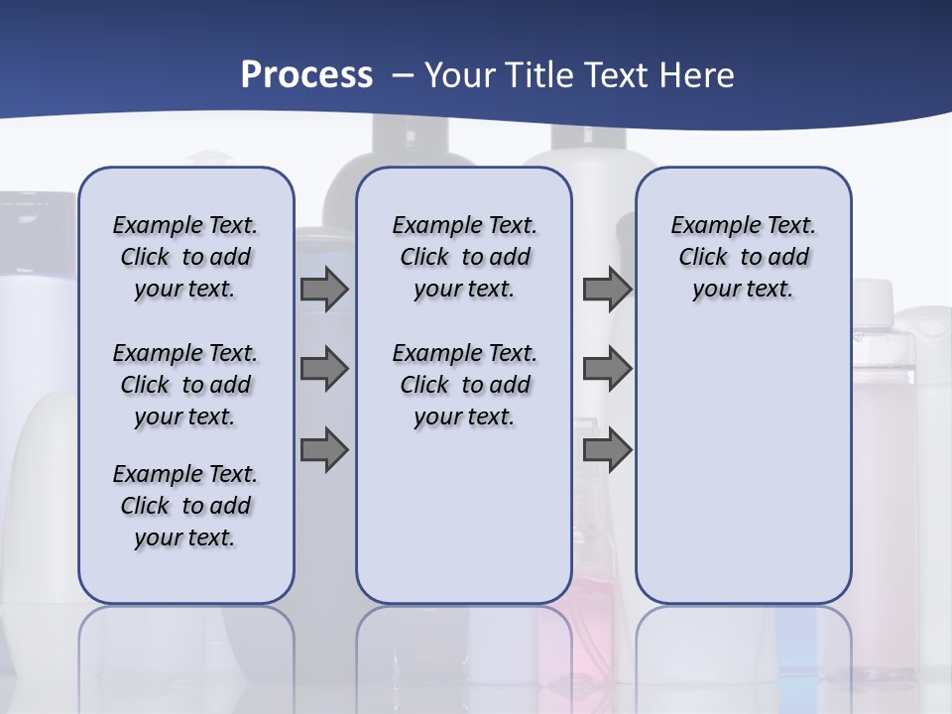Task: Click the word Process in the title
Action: point(306,74)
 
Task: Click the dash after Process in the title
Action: point(403,75)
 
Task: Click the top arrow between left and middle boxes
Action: point(324,289)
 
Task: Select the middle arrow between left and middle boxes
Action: point(324,369)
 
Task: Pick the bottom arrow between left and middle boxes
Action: point(324,449)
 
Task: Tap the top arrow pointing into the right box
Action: point(607,289)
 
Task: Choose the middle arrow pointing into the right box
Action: point(607,369)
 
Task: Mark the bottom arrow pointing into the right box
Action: point(607,449)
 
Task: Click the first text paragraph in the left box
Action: point(185,257)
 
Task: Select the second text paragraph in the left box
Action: point(185,385)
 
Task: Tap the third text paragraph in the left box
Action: point(185,506)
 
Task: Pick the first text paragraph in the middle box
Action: point(464,257)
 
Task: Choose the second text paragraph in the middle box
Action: point(464,385)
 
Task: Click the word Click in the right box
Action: point(703,257)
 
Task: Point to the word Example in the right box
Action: point(707,225)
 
